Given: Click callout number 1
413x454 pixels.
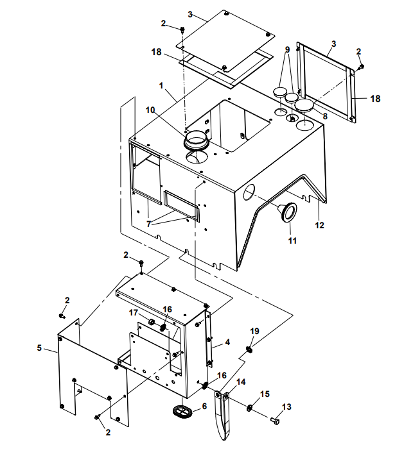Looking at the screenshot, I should click(161, 85).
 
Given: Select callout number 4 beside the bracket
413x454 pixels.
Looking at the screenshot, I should click(227, 344).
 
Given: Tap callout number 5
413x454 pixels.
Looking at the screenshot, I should click(40, 348).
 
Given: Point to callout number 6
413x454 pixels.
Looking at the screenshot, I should click(204, 407).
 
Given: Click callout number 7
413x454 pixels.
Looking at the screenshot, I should click(148, 224).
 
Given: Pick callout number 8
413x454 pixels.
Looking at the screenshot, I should click(325, 116).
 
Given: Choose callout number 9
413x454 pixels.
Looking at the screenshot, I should click(288, 49).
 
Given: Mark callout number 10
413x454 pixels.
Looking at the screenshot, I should click(150, 110).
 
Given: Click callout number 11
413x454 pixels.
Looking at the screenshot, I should click(292, 241).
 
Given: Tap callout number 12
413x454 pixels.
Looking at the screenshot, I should click(319, 225).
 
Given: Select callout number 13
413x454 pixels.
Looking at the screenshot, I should click(286, 407).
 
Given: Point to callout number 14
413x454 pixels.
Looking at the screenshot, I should click(242, 382).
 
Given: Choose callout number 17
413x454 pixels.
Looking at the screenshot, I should click(134, 312).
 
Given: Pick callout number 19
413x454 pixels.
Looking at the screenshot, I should click(254, 331).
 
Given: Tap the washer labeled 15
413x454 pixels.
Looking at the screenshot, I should click(249, 408).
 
